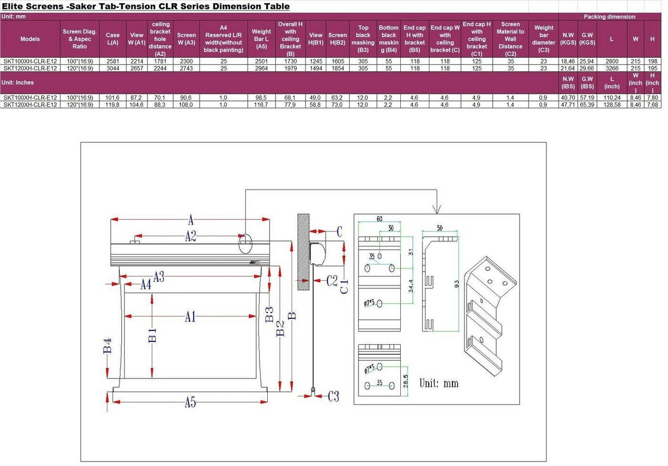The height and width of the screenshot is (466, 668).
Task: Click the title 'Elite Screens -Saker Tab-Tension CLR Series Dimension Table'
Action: tap(146, 6)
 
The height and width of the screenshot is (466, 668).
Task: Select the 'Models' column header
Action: tap(30, 39)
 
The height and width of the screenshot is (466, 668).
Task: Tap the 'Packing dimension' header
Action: tap(609, 17)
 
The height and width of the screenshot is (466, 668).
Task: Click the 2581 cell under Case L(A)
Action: tap(113, 62)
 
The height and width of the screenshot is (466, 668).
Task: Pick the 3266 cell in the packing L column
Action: tap(612, 68)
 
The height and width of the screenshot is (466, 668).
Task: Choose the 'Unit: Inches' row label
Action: tap(18, 83)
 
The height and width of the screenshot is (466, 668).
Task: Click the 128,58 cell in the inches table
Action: tap(612, 105)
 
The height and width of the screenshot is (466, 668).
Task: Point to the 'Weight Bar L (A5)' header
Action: tap(261, 39)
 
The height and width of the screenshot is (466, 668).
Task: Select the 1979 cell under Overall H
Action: tap(290, 68)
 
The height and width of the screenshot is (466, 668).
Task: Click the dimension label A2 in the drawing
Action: tap(190, 236)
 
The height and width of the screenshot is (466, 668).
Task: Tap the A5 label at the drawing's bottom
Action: tap(190, 402)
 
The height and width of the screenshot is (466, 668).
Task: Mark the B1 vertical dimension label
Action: tap(152, 335)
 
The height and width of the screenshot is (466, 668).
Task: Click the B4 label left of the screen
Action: tap(107, 346)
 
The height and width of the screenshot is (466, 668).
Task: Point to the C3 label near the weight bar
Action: tap(333, 396)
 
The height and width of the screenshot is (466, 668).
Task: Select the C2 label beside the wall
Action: tap(332, 281)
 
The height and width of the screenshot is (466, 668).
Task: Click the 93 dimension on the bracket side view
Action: tap(457, 284)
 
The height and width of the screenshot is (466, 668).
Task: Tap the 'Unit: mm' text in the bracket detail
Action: tap(438, 383)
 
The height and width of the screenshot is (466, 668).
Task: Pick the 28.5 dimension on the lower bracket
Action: tap(406, 381)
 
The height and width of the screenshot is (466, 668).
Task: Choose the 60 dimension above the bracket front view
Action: tap(379, 219)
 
